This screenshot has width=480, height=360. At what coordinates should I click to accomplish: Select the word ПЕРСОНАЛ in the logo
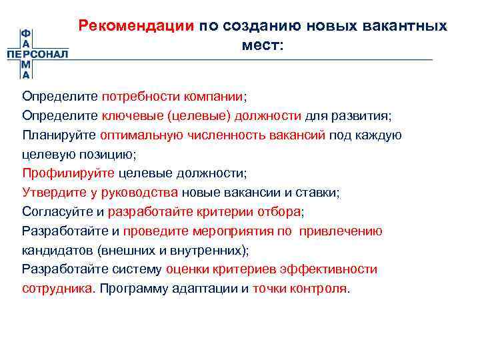coord(38,54)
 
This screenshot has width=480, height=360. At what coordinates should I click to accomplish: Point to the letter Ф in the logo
coord(25,33)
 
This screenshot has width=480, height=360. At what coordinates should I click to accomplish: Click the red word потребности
coord(139,96)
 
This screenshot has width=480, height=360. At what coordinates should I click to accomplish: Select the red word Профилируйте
coord(67,173)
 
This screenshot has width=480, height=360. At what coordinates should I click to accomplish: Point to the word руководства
coord(145,193)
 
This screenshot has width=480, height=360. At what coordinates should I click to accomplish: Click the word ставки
coord(321,193)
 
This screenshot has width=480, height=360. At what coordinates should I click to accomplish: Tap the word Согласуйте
coord(57,212)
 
